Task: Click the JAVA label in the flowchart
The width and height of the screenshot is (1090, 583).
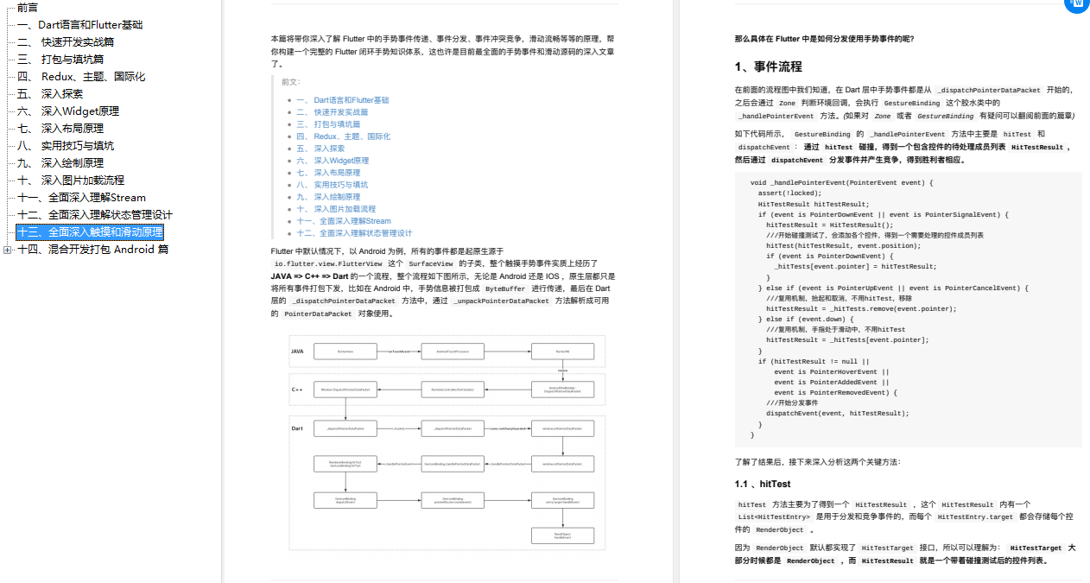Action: (x=297, y=352)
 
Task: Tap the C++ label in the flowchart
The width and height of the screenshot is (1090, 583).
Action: (x=296, y=390)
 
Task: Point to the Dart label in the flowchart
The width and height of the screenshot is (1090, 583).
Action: (x=297, y=428)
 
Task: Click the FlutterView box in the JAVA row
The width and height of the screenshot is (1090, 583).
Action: (x=345, y=352)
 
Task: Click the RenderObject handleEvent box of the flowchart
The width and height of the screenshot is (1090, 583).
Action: (x=562, y=536)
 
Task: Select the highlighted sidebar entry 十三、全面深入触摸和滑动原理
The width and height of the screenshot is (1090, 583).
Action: (x=90, y=231)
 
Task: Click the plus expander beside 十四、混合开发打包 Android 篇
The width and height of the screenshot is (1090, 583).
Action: (x=7, y=250)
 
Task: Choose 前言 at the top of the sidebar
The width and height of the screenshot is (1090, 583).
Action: (x=28, y=7)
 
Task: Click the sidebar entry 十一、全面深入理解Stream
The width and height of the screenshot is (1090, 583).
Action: (x=81, y=197)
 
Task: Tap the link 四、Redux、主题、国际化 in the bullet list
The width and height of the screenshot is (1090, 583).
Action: (x=343, y=136)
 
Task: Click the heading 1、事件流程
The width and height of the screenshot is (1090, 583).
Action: (x=768, y=67)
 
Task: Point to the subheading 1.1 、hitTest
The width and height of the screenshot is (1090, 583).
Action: (x=762, y=484)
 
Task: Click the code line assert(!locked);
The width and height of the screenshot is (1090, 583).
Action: (x=789, y=193)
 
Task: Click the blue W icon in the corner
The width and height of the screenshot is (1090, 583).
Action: (x=1077, y=4)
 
